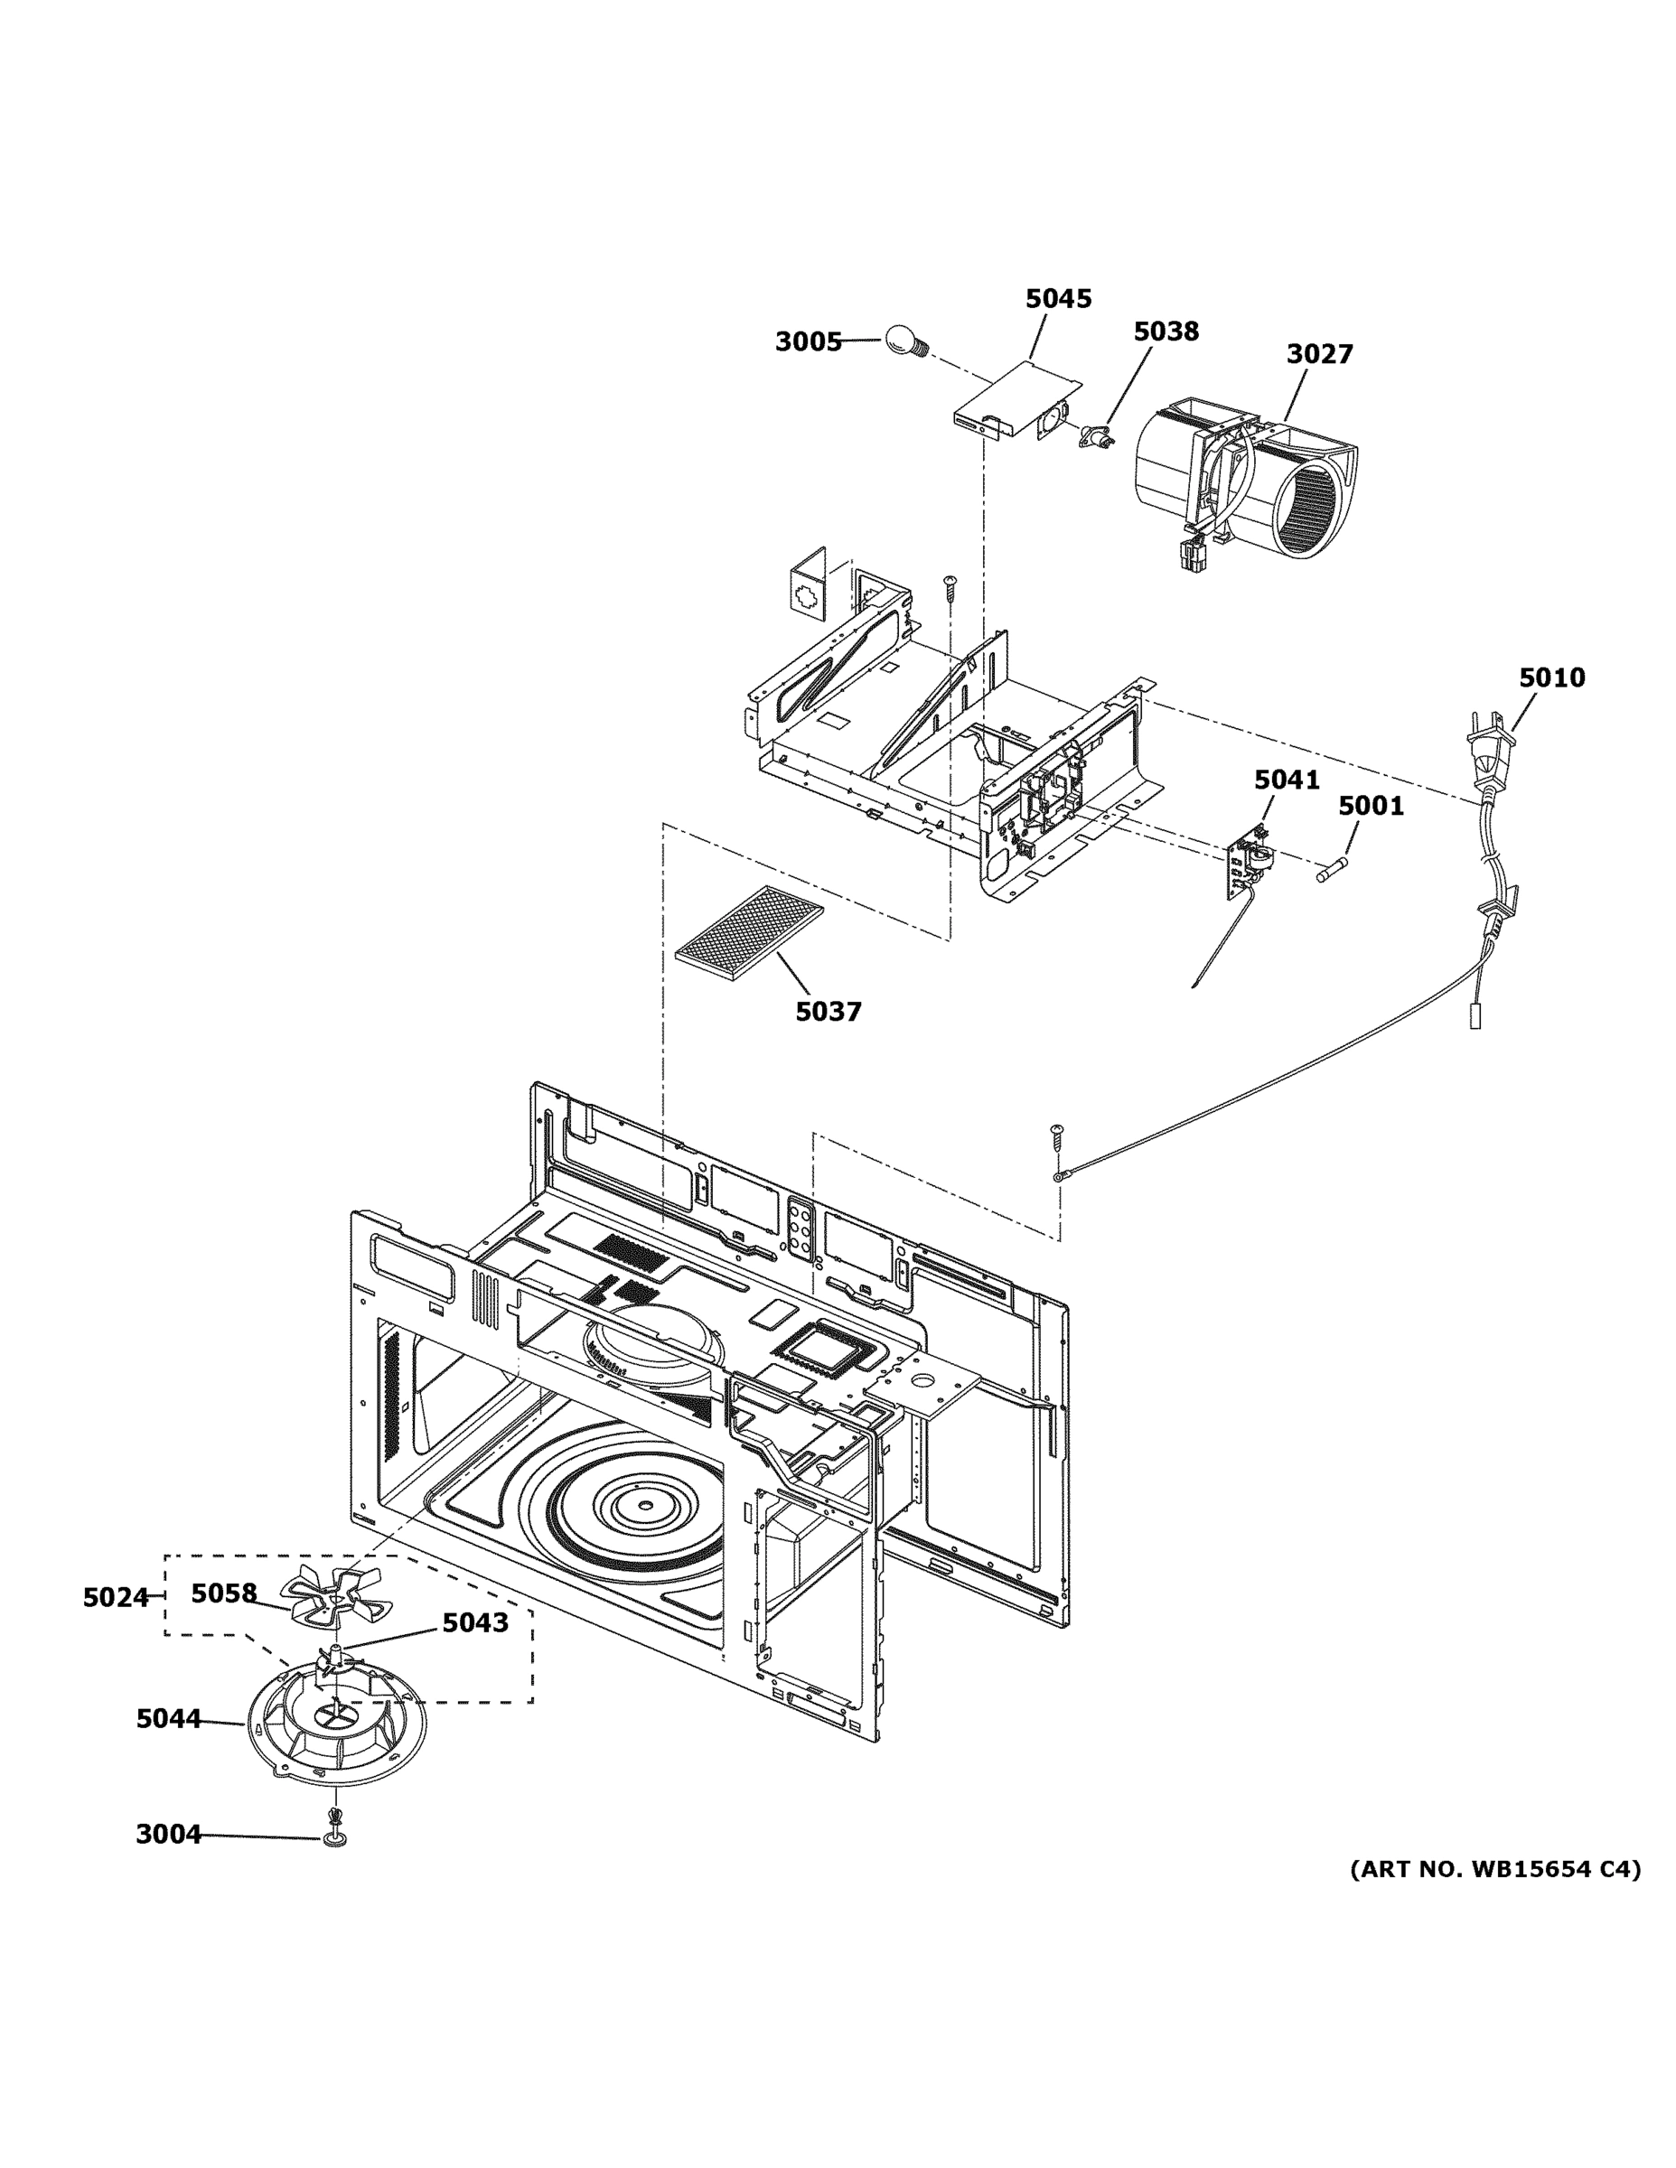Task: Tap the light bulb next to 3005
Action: coord(903,341)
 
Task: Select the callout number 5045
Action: coord(1058,299)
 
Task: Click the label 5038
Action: coord(1166,332)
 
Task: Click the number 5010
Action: coord(1552,678)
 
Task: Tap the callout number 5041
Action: coord(1287,780)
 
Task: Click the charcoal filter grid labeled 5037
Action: coord(750,933)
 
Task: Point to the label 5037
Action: coord(829,1012)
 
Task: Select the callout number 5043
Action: coord(474,1623)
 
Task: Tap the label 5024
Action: coord(115,1597)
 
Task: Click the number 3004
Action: coord(168,1835)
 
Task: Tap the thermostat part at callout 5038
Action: coord(1093,435)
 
